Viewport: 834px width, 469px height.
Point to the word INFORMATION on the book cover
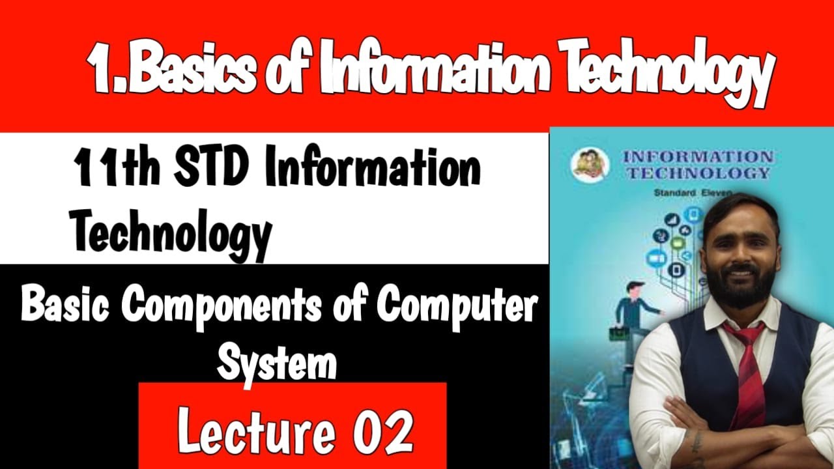698,157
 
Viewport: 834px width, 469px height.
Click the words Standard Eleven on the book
693,193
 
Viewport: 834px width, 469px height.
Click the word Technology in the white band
171,234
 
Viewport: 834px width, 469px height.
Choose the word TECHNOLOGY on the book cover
698,173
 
